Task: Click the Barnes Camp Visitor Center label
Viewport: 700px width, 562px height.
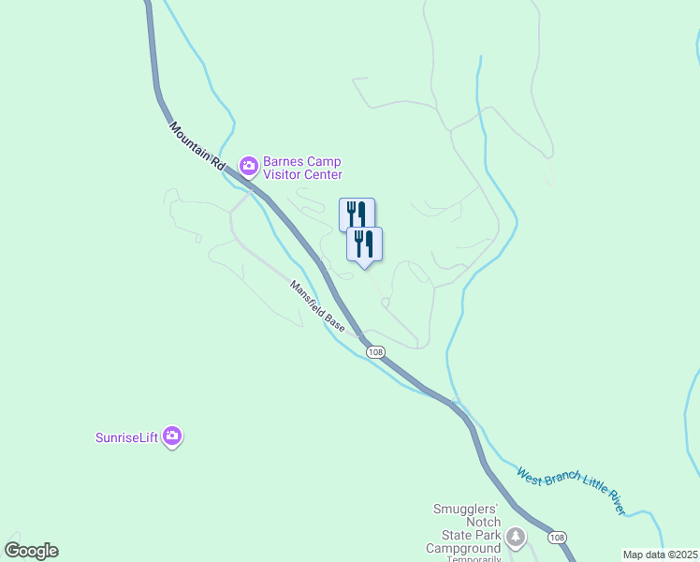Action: [302, 168]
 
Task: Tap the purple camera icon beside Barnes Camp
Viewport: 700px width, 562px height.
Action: [249, 167]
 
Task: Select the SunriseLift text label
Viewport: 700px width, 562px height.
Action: [127, 436]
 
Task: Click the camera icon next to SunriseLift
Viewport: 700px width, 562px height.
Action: [172, 436]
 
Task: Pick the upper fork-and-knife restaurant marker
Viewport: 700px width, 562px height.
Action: [356, 214]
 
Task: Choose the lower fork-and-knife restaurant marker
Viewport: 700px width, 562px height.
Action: [364, 244]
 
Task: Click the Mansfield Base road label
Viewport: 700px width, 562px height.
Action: [317, 307]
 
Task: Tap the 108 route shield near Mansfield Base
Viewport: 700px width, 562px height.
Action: [375, 352]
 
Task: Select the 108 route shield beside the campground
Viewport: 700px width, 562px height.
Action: [558, 538]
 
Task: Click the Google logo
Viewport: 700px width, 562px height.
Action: [31, 551]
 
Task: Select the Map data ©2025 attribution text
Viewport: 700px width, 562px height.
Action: [661, 555]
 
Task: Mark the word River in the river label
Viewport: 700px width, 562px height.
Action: [609, 503]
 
